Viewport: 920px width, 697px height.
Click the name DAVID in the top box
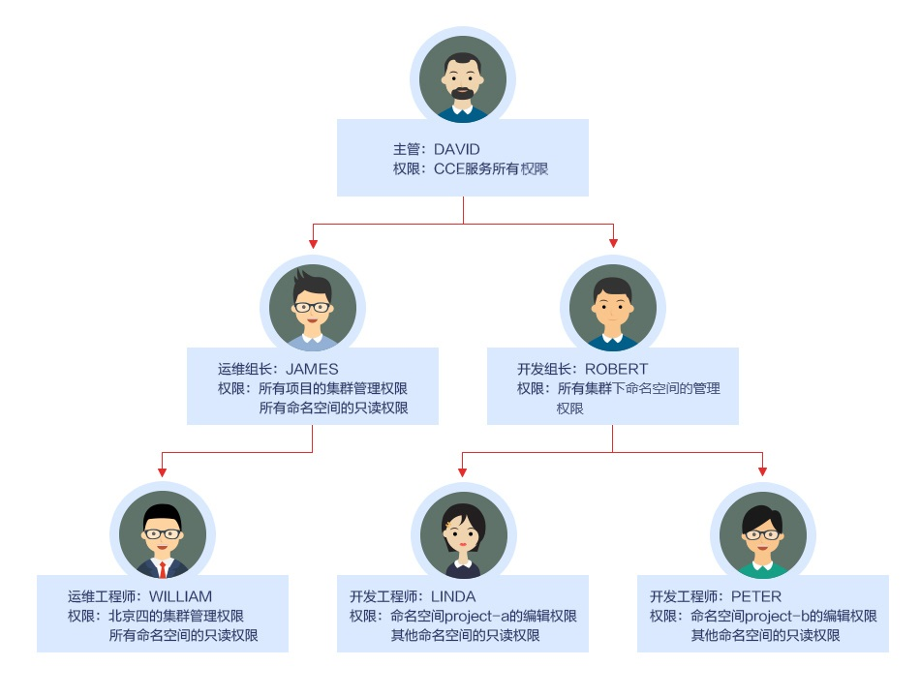pyautogui.click(x=457, y=150)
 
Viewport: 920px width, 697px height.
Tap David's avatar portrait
pyautogui.click(x=463, y=79)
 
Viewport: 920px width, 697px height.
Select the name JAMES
pyautogui.click(x=312, y=369)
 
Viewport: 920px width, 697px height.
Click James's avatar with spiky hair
pyautogui.click(x=313, y=308)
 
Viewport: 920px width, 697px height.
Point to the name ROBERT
pyautogui.click(x=616, y=369)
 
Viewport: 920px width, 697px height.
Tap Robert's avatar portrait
pyautogui.click(x=612, y=308)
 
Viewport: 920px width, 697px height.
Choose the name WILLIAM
pyautogui.click(x=180, y=596)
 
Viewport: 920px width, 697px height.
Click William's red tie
pyautogui.click(x=163, y=569)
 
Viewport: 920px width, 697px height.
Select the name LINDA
pyautogui.click(x=453, y=596)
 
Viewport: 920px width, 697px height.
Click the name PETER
pyautogui.click(x=756, y=596)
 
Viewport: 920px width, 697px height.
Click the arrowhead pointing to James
pyautogui.click(x=313, y=242)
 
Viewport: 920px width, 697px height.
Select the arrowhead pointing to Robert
pyautogui.click(x=613, y=242)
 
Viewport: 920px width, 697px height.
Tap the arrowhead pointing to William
pyautogui.click(x=163, y=471)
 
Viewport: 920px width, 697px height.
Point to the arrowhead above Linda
pyautogui.click(x=463, y=471)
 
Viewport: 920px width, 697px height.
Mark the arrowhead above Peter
pyautogui.click(x=763, y=471)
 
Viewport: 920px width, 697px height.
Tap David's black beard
pyautogui.click(x=463, y=95)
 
